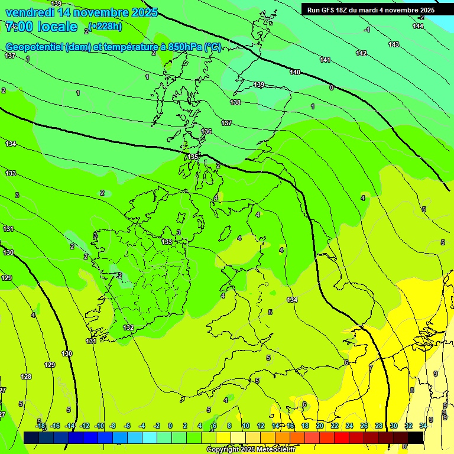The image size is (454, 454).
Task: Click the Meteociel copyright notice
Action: tap(251, 450)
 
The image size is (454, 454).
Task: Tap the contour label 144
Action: tap(418, 26)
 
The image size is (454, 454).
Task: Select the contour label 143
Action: tap(394, 44)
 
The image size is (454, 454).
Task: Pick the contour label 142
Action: tap(361, 53)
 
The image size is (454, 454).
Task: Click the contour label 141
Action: tap(325, 60)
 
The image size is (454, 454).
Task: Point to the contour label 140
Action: tap(295, 72)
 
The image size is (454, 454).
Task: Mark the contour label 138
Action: tap(235, 102)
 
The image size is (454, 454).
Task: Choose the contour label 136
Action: tap(206, 131)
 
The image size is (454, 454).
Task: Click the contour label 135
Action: tap(193, 157)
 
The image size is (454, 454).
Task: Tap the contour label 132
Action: tap(128, 327)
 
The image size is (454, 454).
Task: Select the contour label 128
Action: tap(26, 377)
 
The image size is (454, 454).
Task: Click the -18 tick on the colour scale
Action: tap(41, 426)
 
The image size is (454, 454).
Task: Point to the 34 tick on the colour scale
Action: tap(423, 426)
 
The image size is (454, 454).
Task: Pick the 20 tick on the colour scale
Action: tap(320, 426)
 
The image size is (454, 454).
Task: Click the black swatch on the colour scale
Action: tap(416, 437)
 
